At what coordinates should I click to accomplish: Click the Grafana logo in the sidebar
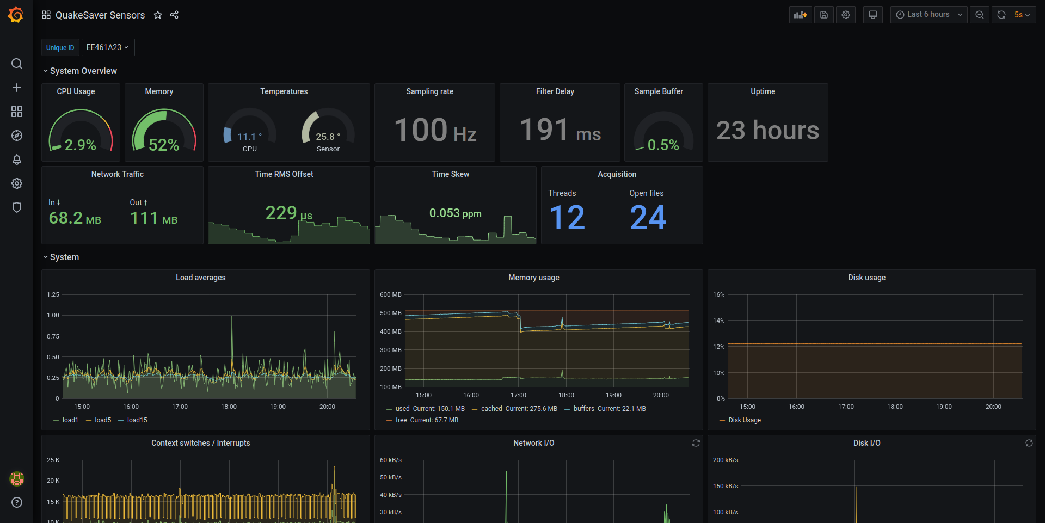coord(16,15)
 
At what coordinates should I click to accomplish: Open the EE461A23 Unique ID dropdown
coord(108,47)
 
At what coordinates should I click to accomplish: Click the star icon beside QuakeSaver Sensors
coord(158,15)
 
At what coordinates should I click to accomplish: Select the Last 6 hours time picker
coord(929,15)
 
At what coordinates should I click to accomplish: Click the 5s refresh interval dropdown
coord(1022,15)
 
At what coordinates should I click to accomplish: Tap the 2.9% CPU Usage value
coord(80,145)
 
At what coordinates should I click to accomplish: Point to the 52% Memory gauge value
coord(163,145)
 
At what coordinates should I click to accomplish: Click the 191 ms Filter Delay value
coord(560,131)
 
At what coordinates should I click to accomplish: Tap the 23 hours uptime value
coord(767,131)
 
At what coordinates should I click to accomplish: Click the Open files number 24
coord(648,218)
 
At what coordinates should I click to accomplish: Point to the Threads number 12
coord(567,218)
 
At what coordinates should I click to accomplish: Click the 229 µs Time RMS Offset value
coord(288,213)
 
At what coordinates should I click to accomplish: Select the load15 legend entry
coord(137,420)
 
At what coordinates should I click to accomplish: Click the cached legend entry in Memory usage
coord(491,409)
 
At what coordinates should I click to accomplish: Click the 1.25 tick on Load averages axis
coord(53,294)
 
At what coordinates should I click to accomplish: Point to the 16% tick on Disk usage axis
coord(718,294)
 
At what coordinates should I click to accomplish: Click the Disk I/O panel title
coord(866,443)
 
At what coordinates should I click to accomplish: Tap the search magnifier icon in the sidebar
coord(17,64)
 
